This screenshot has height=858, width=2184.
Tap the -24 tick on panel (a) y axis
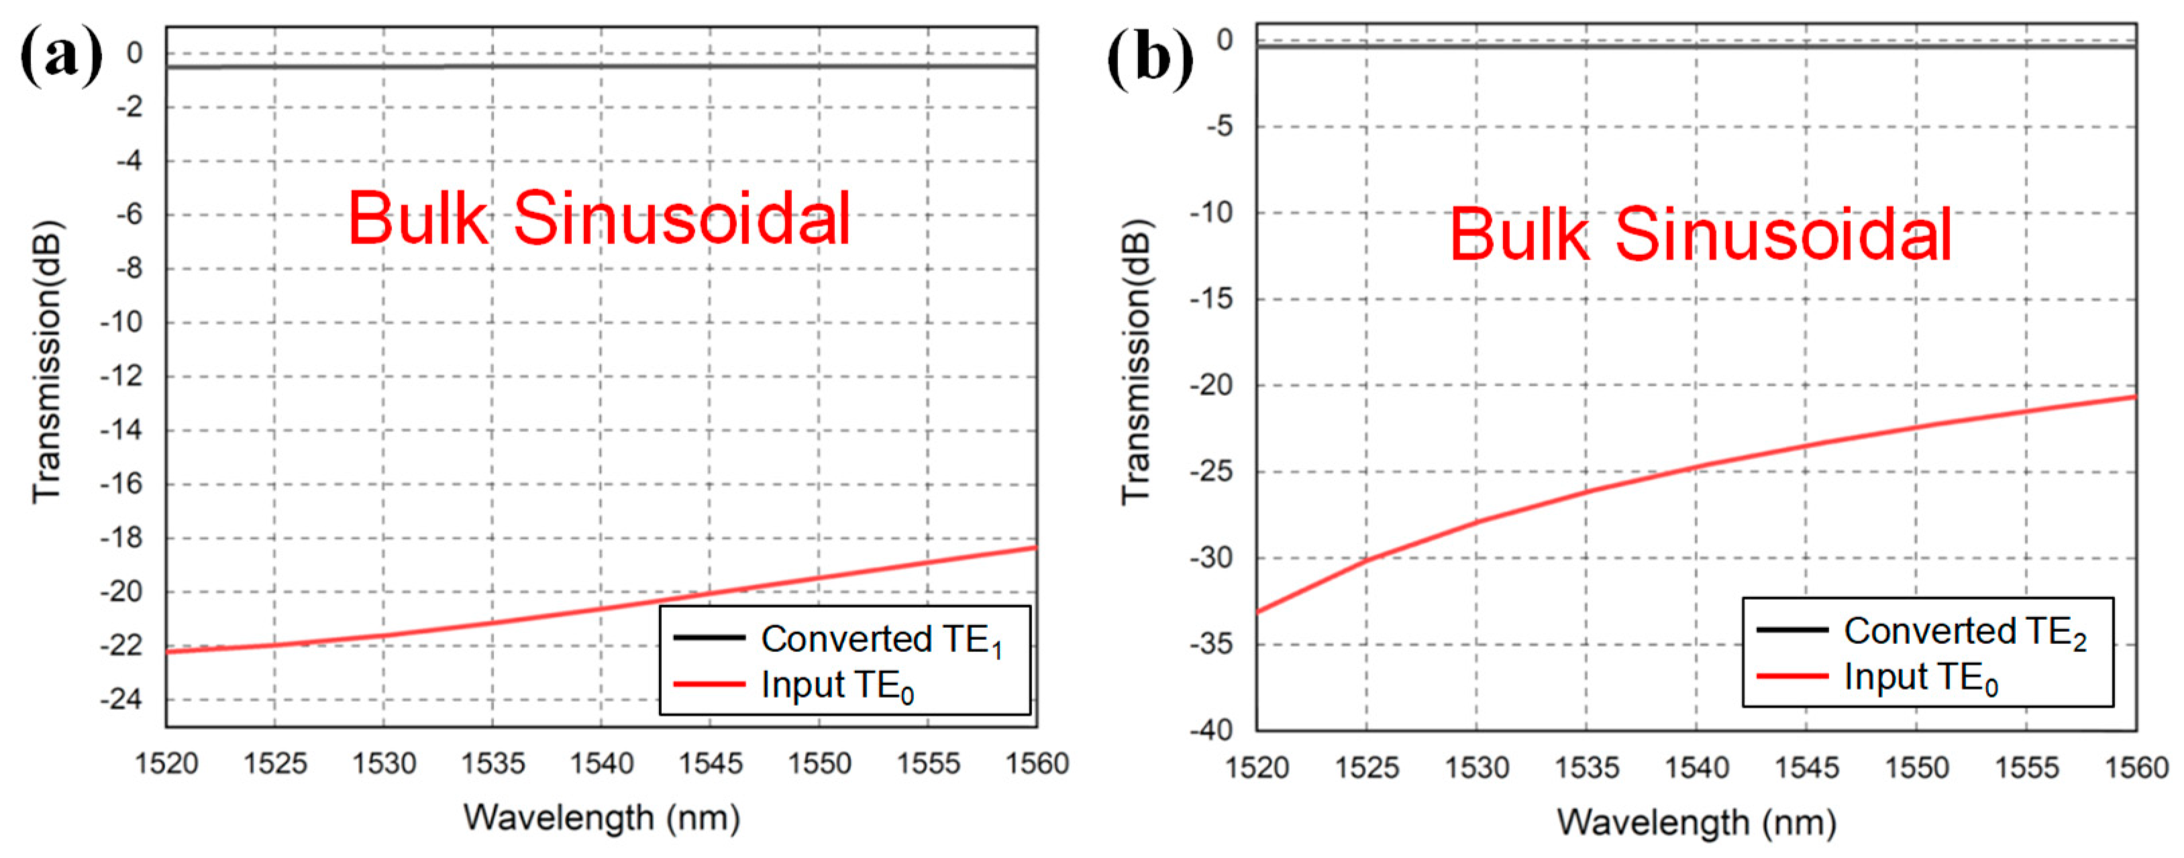coord(121,700)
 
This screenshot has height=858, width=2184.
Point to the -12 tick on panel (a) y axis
coord(121,376)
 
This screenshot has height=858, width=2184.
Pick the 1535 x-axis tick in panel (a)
coord(492,764)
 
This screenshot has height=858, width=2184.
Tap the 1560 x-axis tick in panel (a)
coord(1036,764)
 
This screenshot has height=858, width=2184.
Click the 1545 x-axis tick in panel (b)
coord(1806,767)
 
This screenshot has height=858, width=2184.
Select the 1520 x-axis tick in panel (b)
coord(1257,767)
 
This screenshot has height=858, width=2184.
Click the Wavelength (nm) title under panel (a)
coord(601,818)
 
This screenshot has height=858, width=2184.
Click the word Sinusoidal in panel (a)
coord(682,219)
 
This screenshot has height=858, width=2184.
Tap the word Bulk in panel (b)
coord(1518,234)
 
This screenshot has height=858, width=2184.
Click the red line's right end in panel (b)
coord(2134,396)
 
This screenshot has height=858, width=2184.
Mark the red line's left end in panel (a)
coord(168,651)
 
